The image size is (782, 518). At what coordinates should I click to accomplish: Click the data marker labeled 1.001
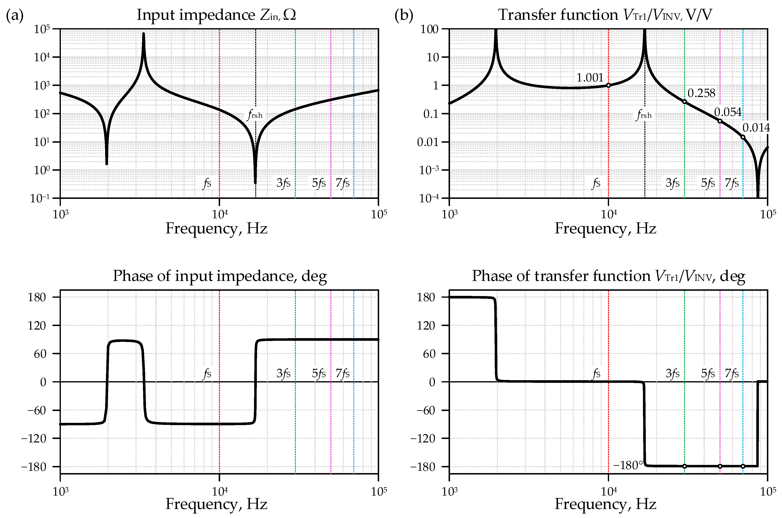608,85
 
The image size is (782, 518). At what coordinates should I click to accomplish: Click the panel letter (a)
15,16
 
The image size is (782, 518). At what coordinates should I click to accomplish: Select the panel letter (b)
404,16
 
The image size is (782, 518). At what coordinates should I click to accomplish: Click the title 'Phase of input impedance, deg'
220,276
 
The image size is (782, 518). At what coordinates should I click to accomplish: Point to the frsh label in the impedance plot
255,115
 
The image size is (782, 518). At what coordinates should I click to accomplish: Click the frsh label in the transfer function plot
644,115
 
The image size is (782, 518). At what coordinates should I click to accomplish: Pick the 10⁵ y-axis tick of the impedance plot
42,29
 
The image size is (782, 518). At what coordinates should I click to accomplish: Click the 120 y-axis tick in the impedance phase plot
37,326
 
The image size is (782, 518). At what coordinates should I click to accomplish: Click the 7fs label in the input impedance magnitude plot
343,183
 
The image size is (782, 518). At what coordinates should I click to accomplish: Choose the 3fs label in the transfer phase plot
672,374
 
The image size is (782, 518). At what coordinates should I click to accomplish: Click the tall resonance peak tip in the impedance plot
143,33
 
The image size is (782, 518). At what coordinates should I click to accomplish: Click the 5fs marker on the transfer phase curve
720,466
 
